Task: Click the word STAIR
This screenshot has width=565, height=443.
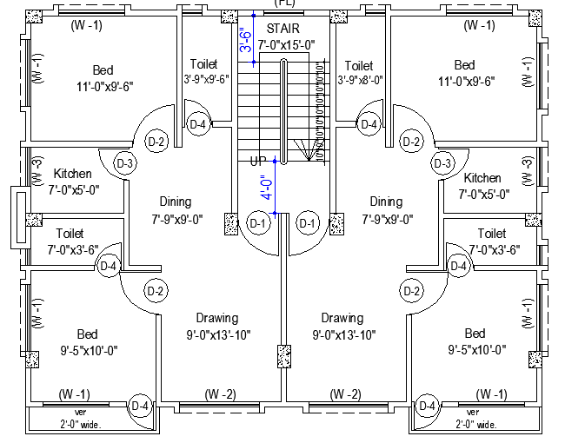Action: (283, 29)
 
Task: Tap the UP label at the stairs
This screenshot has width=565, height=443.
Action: (258, 162)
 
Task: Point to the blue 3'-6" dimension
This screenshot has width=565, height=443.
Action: (244, 40)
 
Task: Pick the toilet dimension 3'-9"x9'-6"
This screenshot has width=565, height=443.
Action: (204, 79)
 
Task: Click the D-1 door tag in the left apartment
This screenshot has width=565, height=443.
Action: (258, 223)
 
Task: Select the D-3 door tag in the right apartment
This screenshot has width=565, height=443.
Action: (442, 163)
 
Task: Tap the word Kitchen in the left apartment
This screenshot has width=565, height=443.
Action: (72, 174)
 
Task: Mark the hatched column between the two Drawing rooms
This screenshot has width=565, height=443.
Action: (282, 357)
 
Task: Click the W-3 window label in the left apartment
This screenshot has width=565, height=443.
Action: (37, 172)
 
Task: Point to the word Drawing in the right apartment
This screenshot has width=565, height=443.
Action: (342, 318)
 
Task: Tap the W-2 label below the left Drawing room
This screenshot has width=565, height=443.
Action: (220, 394)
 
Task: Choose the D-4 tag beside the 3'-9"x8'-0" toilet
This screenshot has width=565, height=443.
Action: (369, 124)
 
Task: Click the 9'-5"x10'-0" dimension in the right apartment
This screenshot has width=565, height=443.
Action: (475, 349)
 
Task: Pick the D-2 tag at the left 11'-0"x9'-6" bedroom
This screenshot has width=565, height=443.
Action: (156, 142)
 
